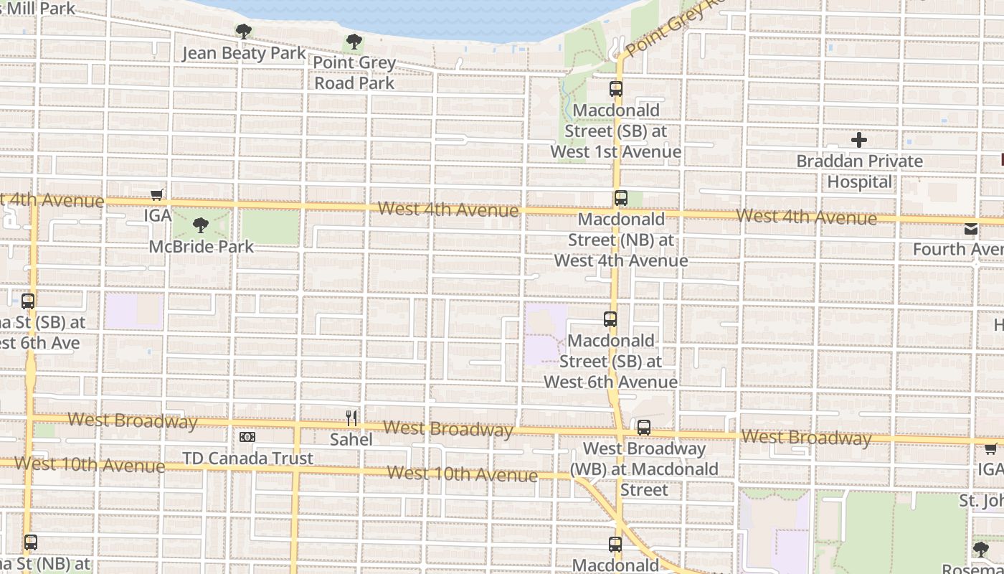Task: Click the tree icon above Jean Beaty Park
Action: pyautogui.click(x=244, y=32)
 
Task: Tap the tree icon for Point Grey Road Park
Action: pyautogui.click(x=354, y=42)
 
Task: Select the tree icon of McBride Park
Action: pyautogui.click(x=201, y=226)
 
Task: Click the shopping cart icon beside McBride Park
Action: pyautogui.click(x=157, y=194)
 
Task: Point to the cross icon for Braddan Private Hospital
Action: pyautogui.click(x=859, y=140)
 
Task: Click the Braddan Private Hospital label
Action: pyautogui.click(x=859, y=171)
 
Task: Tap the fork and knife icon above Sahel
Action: pyautogui.click(x=351, y=418)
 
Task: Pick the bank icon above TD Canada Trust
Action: pyautogui.click(x=247, y=437)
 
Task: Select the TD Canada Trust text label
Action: pyautogui.click(x=247, y=458)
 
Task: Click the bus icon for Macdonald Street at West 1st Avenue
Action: pyautogui.click(x=616, y=89)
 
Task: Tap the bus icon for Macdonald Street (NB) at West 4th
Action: pyautogui.click(x=621, y=198)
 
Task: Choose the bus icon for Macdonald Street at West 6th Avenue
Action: pyautogui.click(x=610, y=319)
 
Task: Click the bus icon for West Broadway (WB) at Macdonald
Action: pyautogui.click(x=644, y=428)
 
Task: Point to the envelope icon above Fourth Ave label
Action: pyautogui.click(x=971, y=230)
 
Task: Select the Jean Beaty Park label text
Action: pyautogui.click(x=244, y=53)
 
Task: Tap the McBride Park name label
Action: pyautogui.click(x=201, y=247)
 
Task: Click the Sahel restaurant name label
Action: pyautogui.click(x=351, y=439)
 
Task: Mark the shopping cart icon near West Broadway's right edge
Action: pyautogui.click(x=990, y=448)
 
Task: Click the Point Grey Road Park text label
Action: pyautogui.click(x=354, y=72)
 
